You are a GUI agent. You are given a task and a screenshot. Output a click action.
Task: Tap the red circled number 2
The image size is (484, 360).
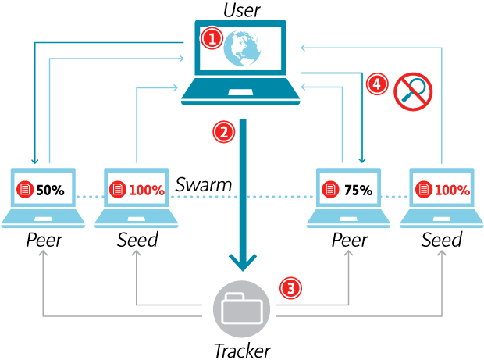click(x=224, y=132)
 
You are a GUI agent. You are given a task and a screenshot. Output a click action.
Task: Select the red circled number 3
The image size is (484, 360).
click(x=290, y=288)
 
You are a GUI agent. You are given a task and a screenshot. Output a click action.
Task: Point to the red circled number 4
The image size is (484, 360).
click(x=378, y=84)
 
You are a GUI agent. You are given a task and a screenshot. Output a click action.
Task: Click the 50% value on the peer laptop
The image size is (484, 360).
click(x=50, y=190)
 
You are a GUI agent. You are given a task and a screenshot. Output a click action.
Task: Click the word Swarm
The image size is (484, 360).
click(x=203, y=185)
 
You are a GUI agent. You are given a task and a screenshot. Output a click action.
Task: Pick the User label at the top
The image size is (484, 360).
click(x=242, y=9)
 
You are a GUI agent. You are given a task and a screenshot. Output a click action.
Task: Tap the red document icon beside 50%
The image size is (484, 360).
click(x=24, y=190)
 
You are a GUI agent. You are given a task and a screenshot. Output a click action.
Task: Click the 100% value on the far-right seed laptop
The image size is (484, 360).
click(x=453, y=190)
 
